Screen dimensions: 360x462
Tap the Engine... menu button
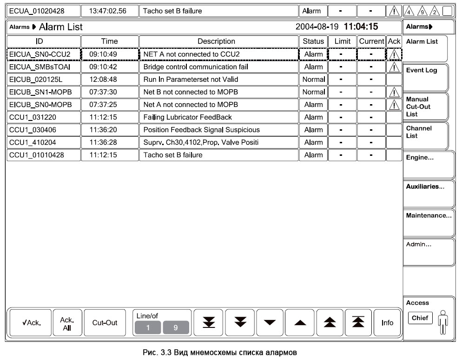click(x=427, y=165)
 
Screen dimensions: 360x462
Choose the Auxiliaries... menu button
click(x=427, y=193)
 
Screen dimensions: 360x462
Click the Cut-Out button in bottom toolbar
click(x=105, y=323)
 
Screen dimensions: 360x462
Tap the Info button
click(x=387, y=323)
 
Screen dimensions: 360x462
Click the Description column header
click(x=217, y=41)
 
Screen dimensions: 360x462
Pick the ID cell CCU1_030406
click(x=44, y=130)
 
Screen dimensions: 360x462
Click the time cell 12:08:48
click(x=109, y=80)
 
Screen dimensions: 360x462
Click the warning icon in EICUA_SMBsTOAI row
click(x=394, y=67)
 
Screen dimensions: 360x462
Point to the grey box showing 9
click(x=175, y=327)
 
